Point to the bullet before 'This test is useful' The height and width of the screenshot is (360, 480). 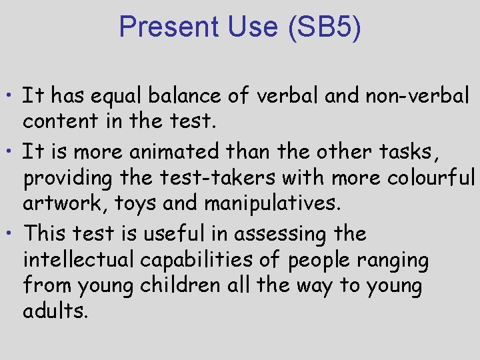click(13, 234)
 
